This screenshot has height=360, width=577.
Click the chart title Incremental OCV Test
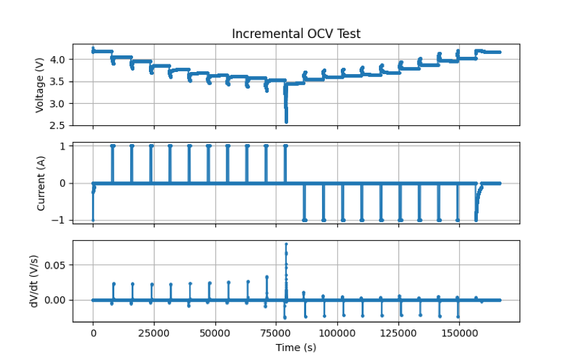296,34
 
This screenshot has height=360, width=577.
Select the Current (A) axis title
40,183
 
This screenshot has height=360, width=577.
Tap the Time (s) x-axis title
296,348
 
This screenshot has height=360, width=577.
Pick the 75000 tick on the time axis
276,333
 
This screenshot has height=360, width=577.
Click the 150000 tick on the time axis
458,333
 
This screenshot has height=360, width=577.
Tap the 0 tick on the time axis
93,333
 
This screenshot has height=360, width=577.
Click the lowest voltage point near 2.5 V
286,122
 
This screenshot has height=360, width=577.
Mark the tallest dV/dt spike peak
286,244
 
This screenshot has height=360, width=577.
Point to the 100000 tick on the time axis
337,333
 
